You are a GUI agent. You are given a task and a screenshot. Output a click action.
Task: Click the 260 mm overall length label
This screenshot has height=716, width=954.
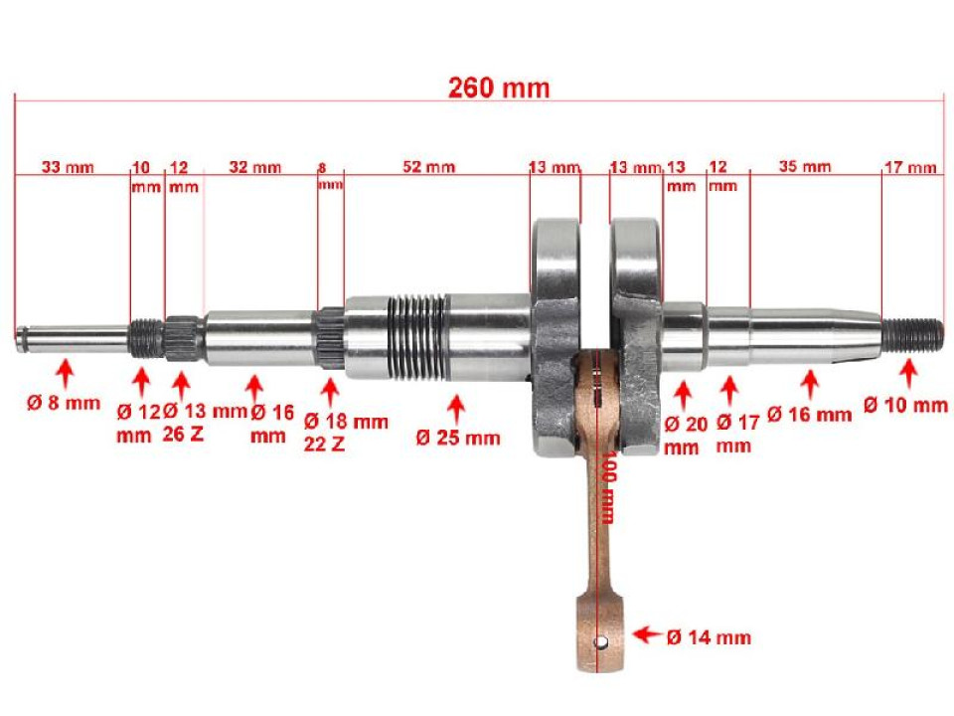coord(498,88)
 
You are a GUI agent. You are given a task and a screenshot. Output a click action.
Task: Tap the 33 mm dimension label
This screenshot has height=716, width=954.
coord(68,167)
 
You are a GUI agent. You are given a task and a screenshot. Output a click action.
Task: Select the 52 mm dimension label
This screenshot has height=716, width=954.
coord(428,167)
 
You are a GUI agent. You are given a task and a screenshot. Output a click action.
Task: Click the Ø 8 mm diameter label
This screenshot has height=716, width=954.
coord(64,403)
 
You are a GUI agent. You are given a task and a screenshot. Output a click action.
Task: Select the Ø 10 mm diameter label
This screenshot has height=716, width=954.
coord(905,405)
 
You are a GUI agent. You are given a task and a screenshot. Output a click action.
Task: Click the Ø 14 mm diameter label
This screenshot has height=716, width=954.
coord(709,636)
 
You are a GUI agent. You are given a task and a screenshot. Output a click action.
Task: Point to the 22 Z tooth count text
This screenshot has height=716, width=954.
coord(324,445)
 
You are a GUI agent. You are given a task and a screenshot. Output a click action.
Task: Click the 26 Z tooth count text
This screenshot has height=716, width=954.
coord(183,435)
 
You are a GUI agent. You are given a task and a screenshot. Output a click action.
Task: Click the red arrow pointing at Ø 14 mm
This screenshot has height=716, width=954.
coord(646,634)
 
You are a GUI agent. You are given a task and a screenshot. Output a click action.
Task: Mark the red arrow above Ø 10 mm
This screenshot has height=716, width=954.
coord(906,375)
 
